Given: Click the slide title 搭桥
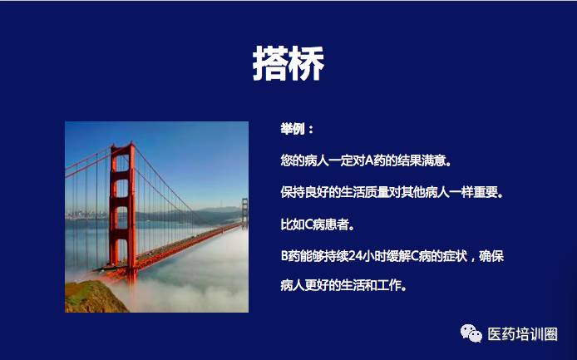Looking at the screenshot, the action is coord(288,63).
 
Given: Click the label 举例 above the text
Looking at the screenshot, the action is coord(293,129).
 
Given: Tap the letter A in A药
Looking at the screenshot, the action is coord(368,160).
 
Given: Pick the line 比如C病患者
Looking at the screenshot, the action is coord(318,224).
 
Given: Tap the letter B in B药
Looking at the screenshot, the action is coord(284,256).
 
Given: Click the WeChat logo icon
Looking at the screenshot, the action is coord(471,333).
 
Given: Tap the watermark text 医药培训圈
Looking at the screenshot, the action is coord(522,334).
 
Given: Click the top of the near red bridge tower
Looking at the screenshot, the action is coord(122,145).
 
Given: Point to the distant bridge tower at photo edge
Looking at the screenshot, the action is coord(244,213).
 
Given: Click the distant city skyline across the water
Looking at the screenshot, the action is coord(86,215).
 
